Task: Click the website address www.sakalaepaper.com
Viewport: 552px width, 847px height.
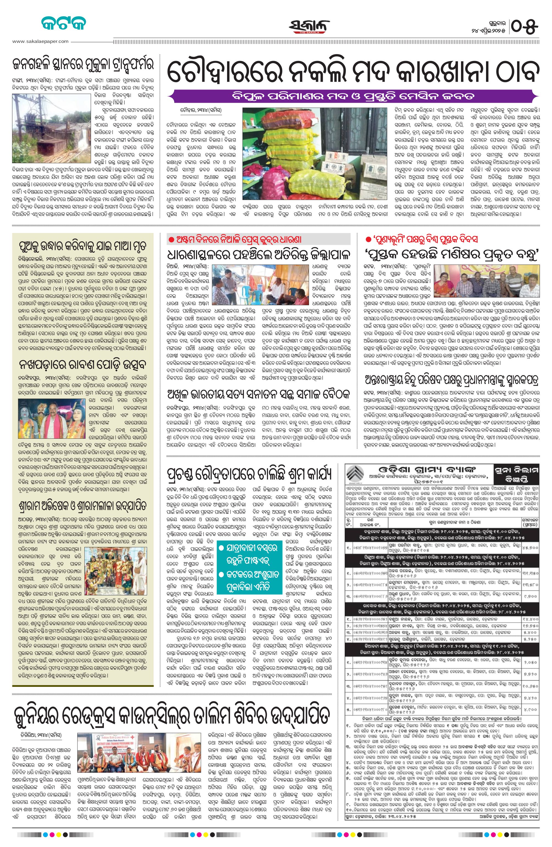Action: [40, 41]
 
